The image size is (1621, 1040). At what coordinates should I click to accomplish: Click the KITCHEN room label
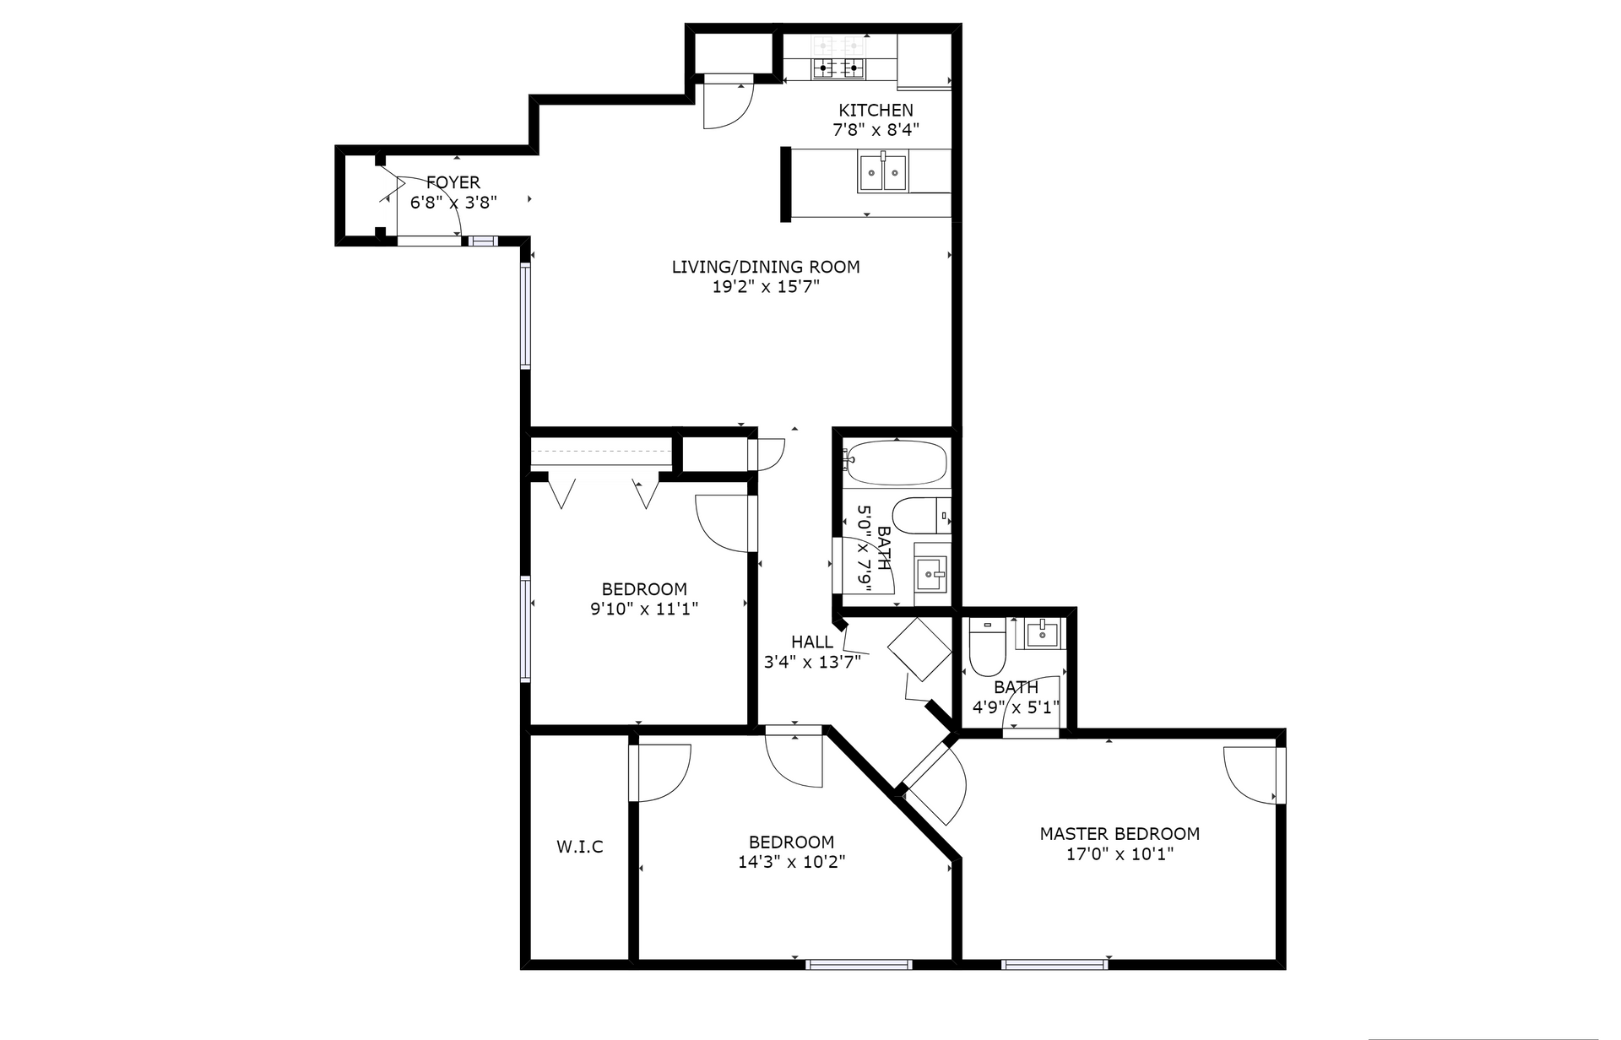click(x=876, y=110)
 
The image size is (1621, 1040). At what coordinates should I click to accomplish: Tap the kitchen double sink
click(x=883, y=172)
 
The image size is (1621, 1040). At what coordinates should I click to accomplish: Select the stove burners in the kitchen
click(x=839, y=57)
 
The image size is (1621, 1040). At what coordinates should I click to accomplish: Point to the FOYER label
click(x=453, y=182)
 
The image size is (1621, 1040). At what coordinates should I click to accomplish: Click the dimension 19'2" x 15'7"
click(x=767, y=287)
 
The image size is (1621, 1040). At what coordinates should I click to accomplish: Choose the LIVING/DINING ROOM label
click(x=766, y=267)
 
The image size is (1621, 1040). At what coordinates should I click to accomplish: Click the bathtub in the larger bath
click(x=896, y=463)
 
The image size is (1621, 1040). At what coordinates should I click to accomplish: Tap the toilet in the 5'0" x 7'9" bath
click(x=921, y=516)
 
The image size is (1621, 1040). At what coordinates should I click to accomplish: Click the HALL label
click(x=812, y=642)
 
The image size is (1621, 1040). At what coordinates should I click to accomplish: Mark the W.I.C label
click(x=580, y=847)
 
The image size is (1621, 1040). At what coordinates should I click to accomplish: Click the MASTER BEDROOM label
click(x=1120, y=834)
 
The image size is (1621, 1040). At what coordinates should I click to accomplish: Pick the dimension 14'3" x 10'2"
click(x=792, y=862)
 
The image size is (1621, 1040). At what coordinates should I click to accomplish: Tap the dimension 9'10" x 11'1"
click(x=644, y=609)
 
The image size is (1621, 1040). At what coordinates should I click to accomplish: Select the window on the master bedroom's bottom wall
click(x=1054, y=964)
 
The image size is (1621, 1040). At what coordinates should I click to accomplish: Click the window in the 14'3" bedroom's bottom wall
click(x=859, y=964)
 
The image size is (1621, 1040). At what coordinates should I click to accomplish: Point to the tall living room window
click(x=525, y=316)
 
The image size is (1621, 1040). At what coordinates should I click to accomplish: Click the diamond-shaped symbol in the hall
click(x=919, y=649)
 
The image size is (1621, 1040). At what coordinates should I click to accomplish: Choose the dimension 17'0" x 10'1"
click(x=1120, y=854)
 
